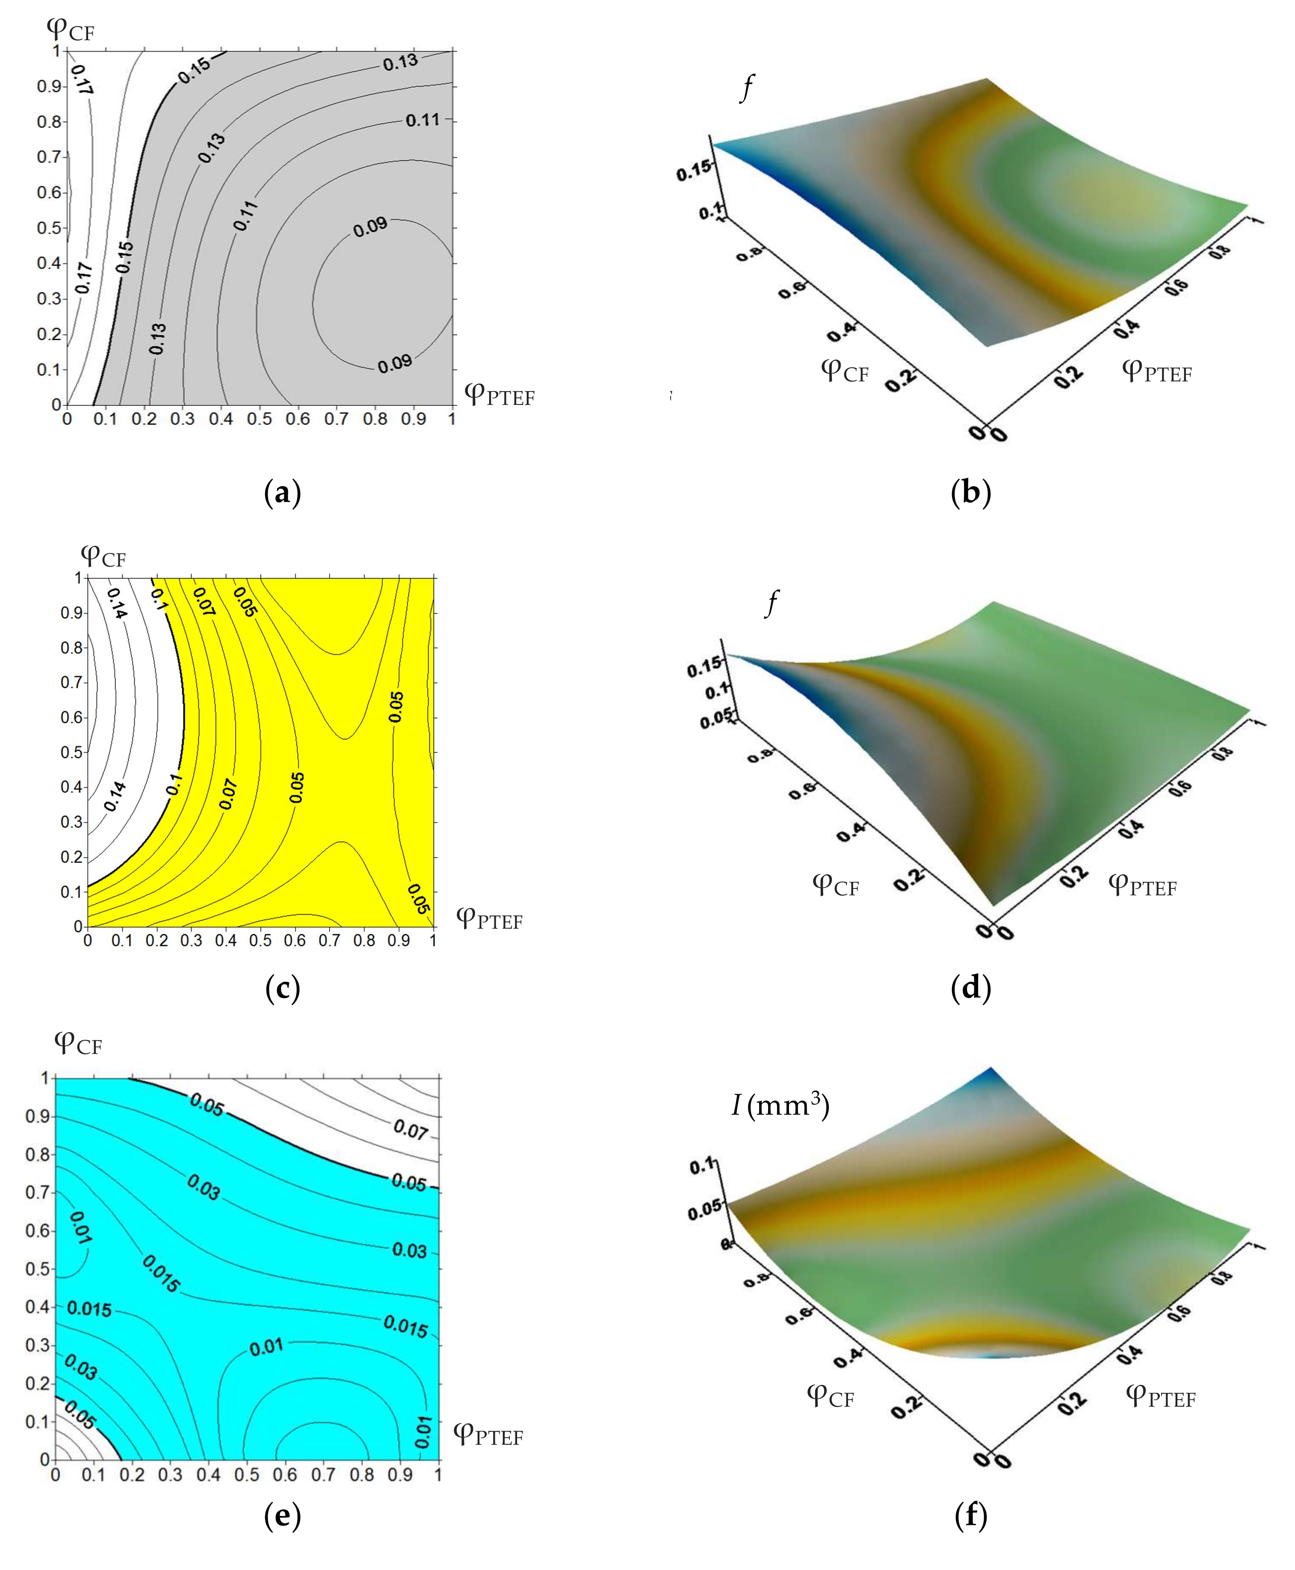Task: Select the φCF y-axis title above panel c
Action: click(103, 556)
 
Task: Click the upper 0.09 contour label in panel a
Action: click(371, 227)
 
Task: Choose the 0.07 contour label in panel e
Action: click(411, 1128)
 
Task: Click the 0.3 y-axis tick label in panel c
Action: click(71, 822)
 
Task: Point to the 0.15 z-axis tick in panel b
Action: click(692, 171)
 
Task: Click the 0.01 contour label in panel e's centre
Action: click(266, 1347)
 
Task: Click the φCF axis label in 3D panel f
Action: click(830, 1396)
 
